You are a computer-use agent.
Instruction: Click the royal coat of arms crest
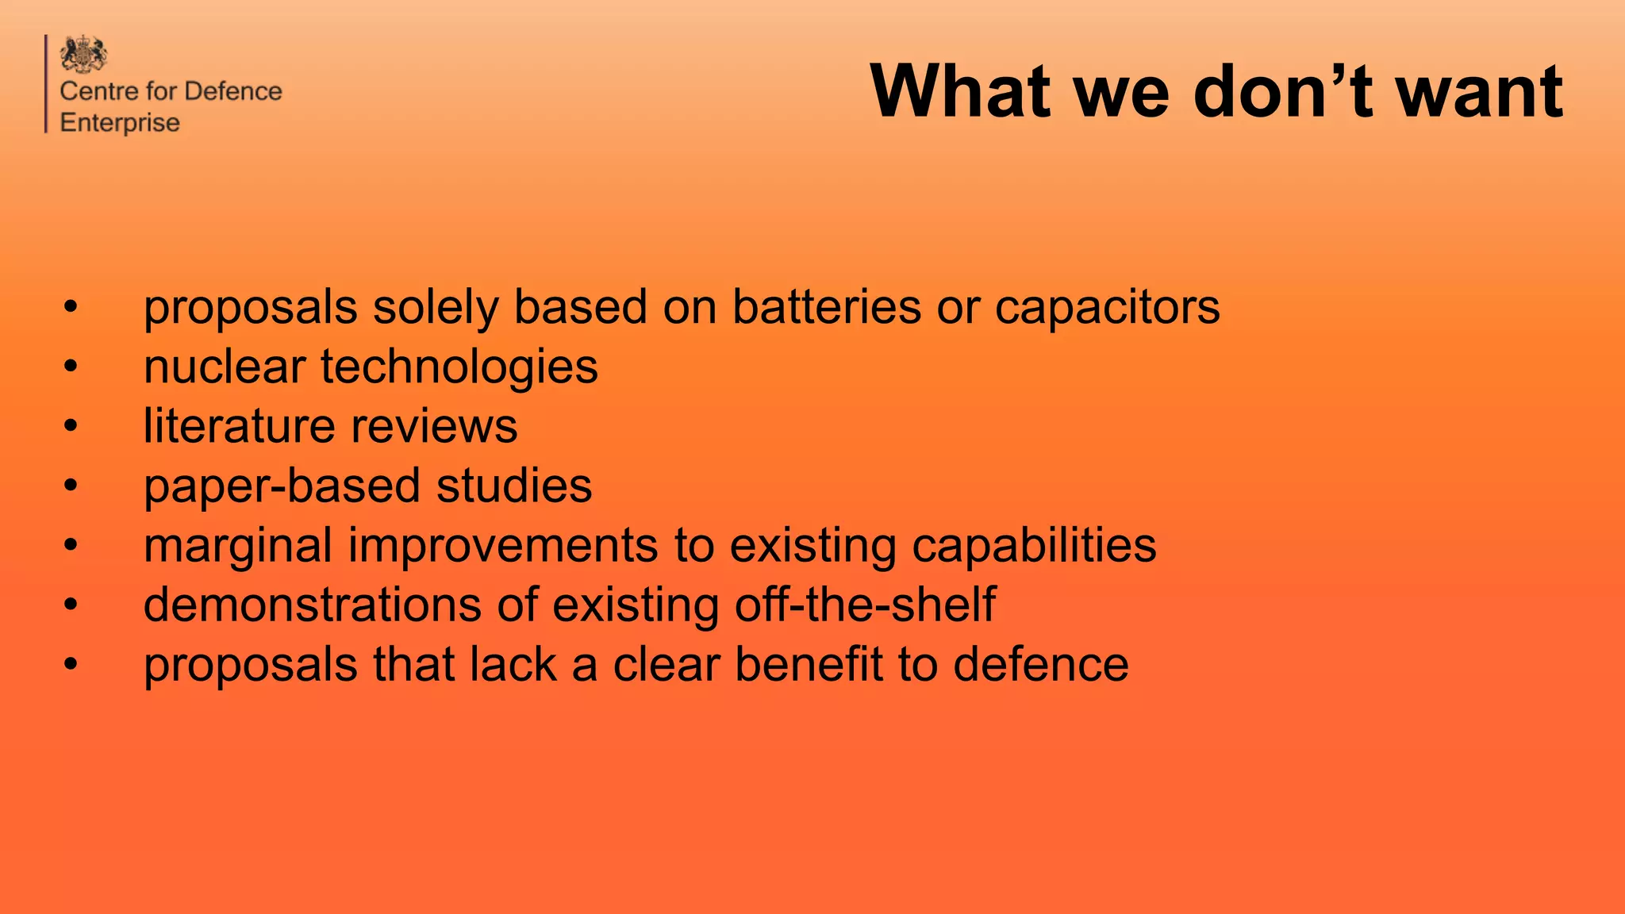tap(83, 54)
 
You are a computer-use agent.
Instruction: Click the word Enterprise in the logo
tap(120, 123)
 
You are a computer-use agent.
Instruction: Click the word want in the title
tap(1479, 93)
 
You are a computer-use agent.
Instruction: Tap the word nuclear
tap(225, 367)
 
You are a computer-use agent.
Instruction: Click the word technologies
tap(459, 368)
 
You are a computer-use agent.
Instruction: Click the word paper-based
tap(282, 486)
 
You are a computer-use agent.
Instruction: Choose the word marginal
tap(237, 547)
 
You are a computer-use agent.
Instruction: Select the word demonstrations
tap(313, 605)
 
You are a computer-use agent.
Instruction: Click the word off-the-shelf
tap(865, 605)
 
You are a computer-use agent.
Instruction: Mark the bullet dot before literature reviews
tap(71, 427)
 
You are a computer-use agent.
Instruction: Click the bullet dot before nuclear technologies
tap(71, 367)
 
